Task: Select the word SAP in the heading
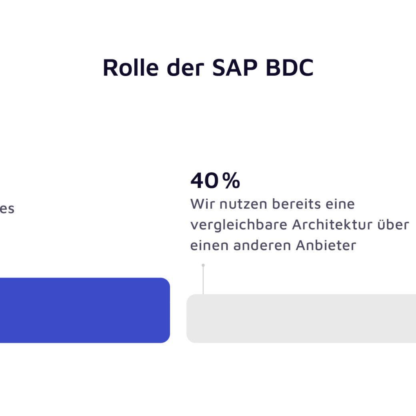pos(232,68)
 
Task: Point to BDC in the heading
pos(289,68)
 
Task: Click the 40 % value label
pos(215,181)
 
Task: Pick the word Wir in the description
pos(200,204)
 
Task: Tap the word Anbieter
pos(326,246)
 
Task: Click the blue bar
pos(84,310)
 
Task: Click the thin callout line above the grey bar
pos(203,280)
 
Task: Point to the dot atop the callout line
pos(203,265)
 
